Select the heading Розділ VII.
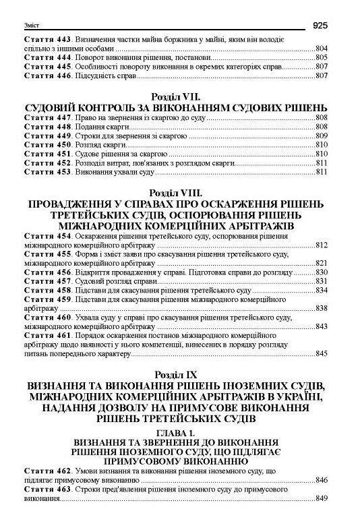(175, 97)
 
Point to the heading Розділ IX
(175, 373)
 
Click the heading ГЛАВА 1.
(175, 432)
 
